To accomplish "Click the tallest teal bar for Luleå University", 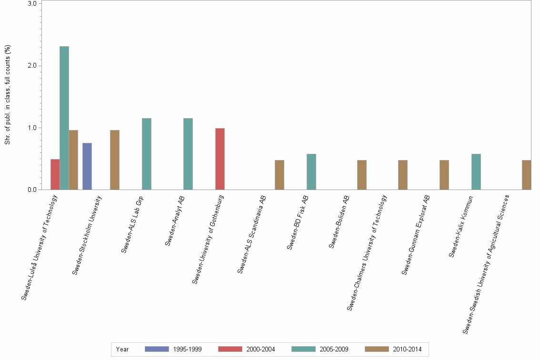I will tap(64, 118).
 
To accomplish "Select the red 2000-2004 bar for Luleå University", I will tap(55, 174).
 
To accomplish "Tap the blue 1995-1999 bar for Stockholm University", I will tap(87, 166).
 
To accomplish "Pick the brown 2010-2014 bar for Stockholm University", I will tap(115, 160).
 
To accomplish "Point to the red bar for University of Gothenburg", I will tap(220, 159).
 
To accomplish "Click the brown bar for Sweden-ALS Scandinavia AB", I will tap(280, 175).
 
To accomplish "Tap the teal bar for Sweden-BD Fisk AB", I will tap(311, 172).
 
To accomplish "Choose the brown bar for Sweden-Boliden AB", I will tap(362, 175).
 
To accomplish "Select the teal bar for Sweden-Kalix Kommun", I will tap(476, 172).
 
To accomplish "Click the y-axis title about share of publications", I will tap(8, 95).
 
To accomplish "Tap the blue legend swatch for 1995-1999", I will tap(157, 349).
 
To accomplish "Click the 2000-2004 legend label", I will tap(261, 349).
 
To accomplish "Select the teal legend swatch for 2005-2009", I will tap(303, 349).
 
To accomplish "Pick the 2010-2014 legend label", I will tap(408, 349).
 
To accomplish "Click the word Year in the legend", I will tap(122, 349).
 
